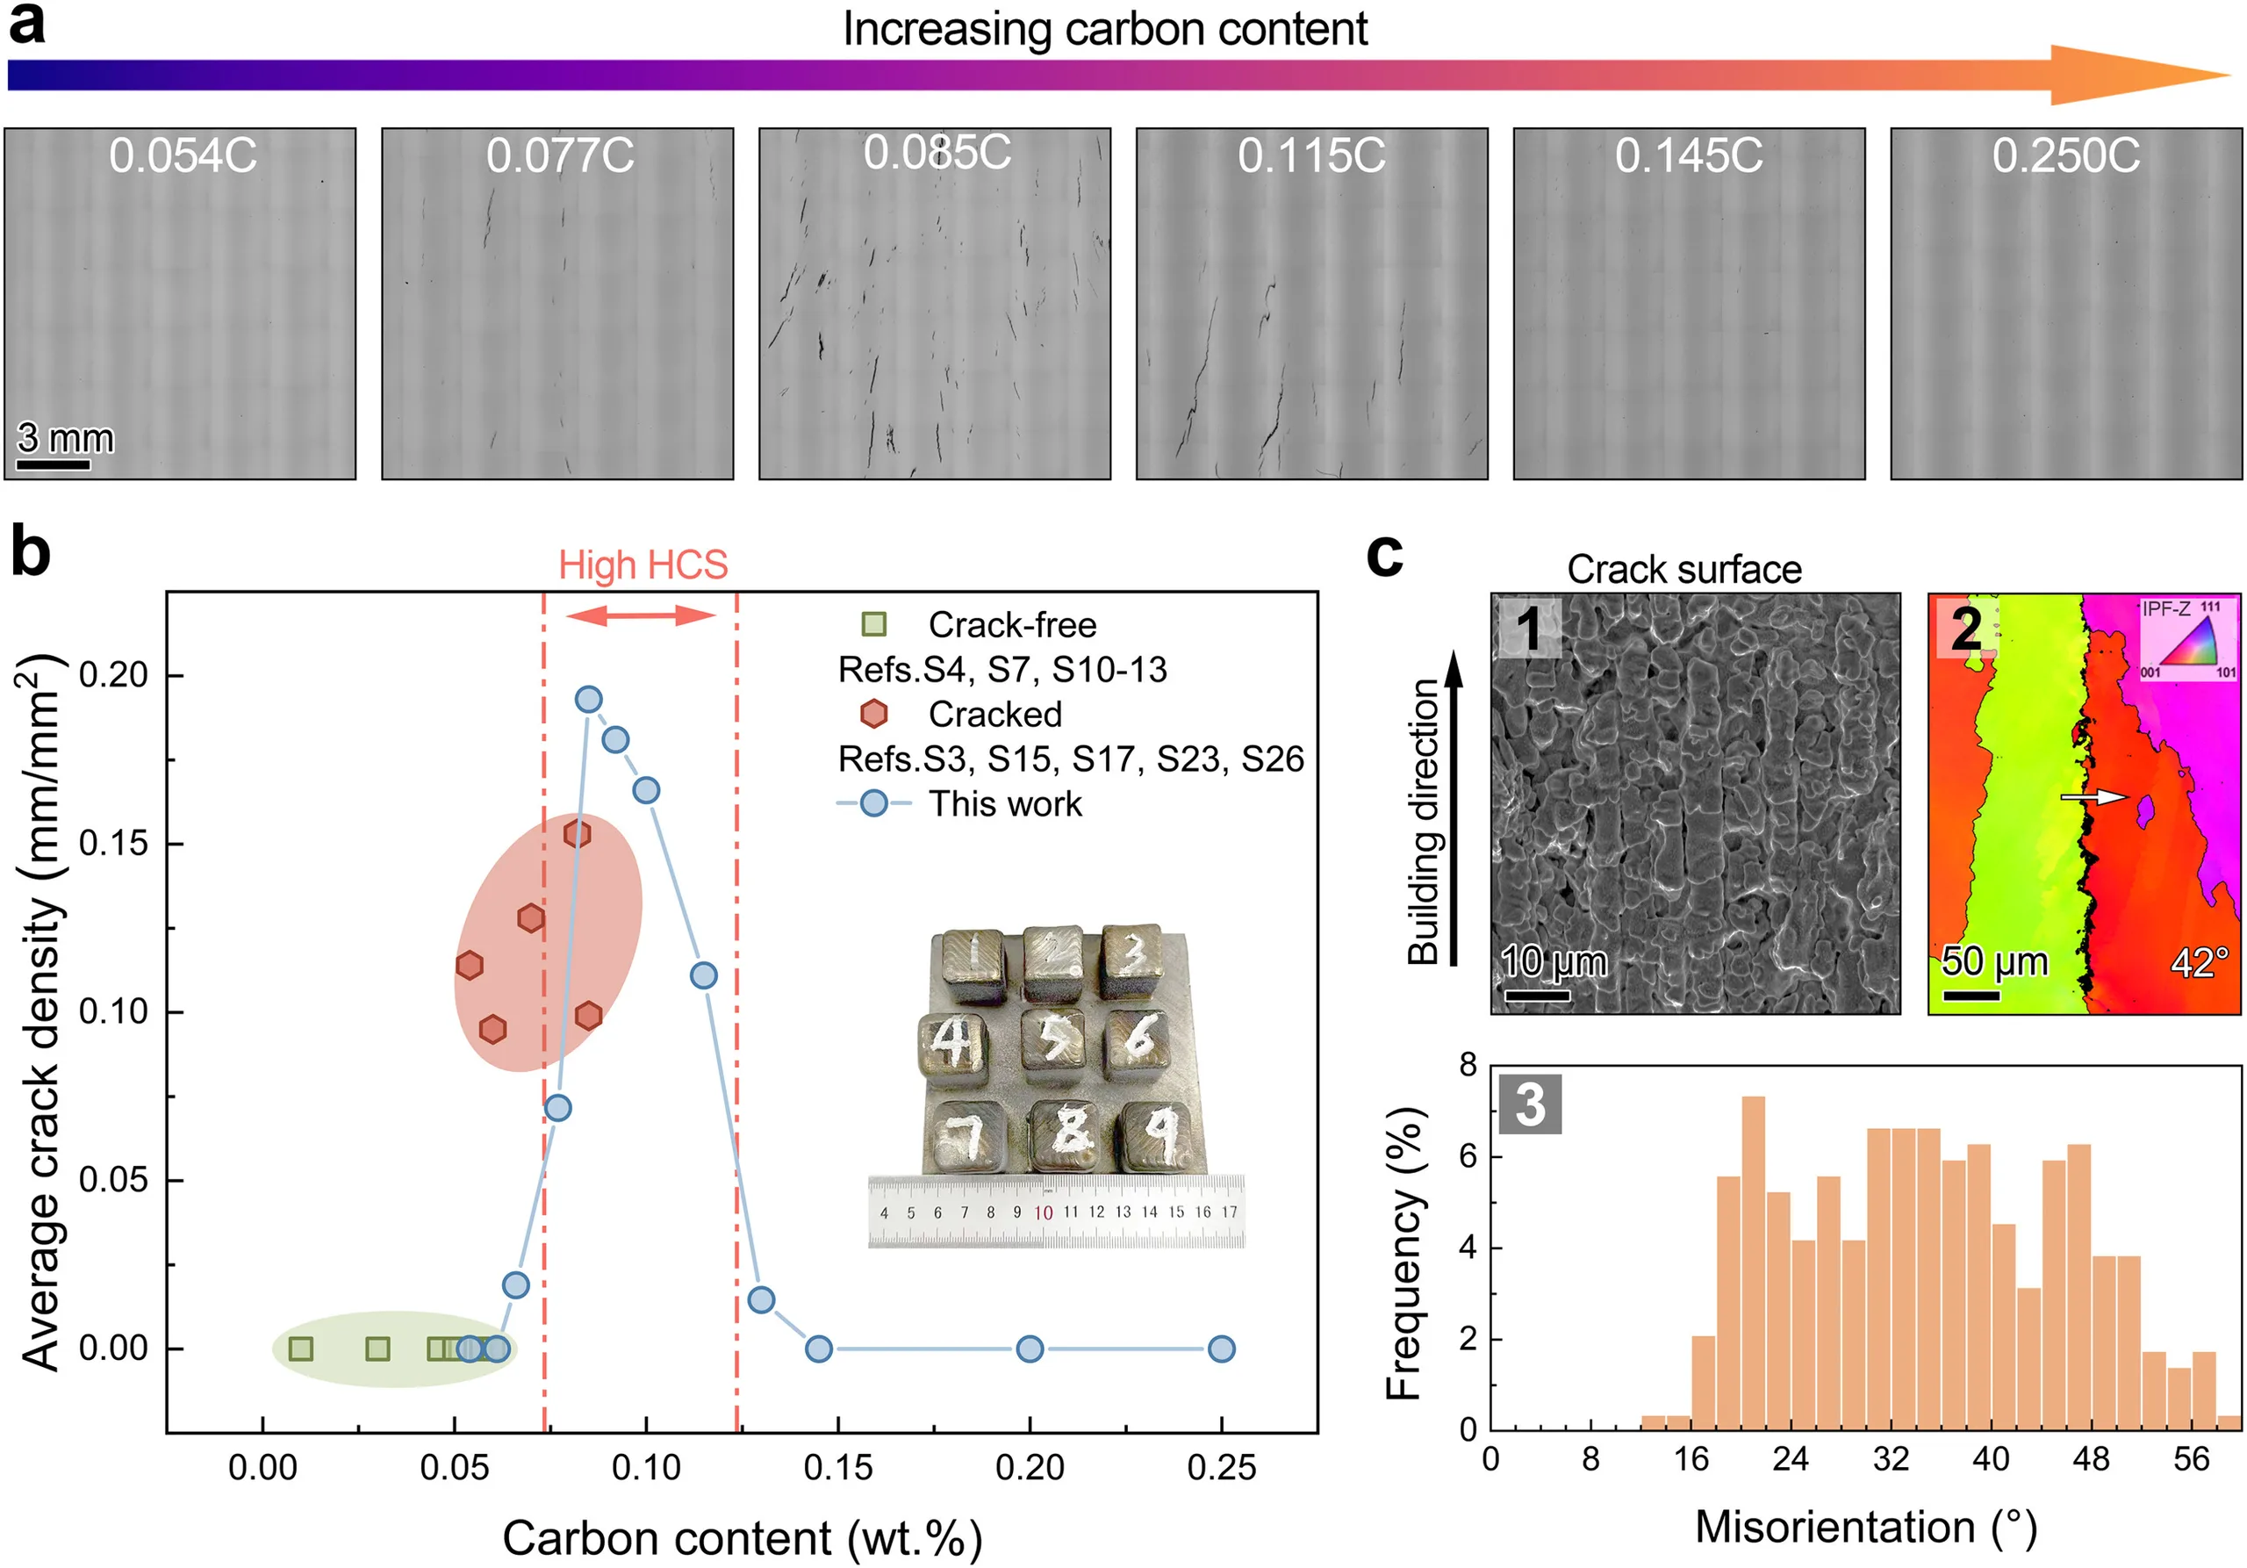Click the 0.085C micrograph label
click(x=937, y=153)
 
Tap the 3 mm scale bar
click(x=54, y=464)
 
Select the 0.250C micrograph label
click(x=2066, y=155)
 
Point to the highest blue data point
click(x=588, y=699)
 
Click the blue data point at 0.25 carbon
click(x=1221, y=1349)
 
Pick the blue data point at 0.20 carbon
click(x=1030, y=1349)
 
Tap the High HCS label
click(x=643, y=565)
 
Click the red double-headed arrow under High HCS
click(x=641, y=615)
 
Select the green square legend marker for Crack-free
click(x=874, y=623)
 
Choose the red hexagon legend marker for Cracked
click(x=874, y=714)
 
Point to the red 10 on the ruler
click(x=1044, y=1212)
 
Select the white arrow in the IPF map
click(x=2095, y=796)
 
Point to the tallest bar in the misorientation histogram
click(x=1754, y=1262)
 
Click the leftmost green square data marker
click(x=301, y=1349)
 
